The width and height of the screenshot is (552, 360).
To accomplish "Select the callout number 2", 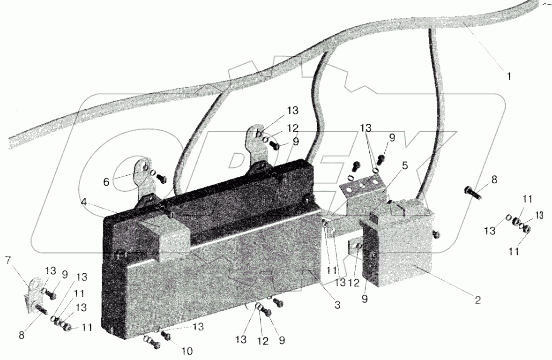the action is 477,300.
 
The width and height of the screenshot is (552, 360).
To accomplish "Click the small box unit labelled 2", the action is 403,246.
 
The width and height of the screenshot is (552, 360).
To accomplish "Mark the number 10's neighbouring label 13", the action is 199,327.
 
